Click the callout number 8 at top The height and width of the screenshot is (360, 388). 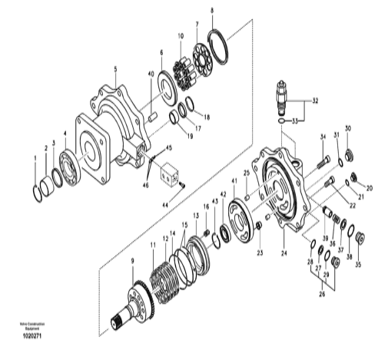click(213, 10)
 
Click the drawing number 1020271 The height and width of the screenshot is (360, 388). click(31, 335)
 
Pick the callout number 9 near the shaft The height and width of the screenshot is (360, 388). click(131, 263)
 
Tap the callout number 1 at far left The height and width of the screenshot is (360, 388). click(35, 158)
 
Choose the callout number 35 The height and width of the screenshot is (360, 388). click(356, 265)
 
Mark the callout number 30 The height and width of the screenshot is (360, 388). click(347, 128)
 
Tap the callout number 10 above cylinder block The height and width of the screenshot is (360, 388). click(181, 36)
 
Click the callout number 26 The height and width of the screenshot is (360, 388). click(323, 292)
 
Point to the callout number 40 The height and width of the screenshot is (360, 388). click(151, 74)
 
